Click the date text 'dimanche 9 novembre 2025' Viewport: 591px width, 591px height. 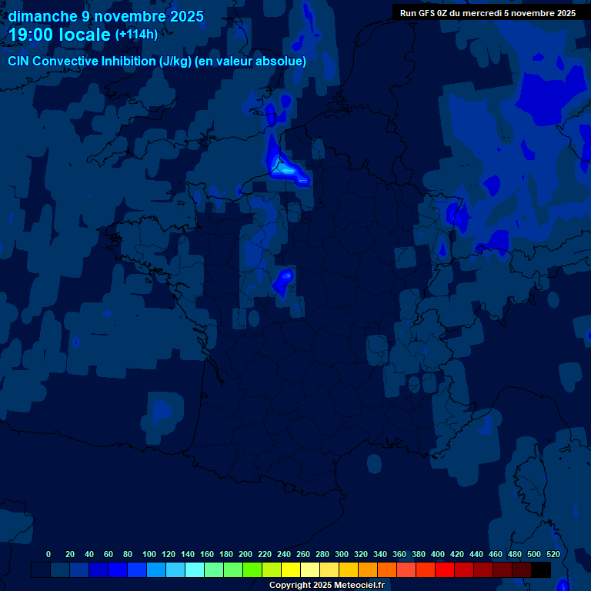click(105, 16)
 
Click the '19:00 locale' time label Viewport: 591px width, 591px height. click(59, 35)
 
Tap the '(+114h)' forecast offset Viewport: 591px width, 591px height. click(136, 35)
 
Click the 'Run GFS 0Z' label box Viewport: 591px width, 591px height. click(488, 13)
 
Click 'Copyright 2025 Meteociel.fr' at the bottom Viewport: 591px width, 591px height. click(326, 586)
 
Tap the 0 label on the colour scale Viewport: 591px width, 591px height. click(48, 554)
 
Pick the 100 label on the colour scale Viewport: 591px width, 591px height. click(149, 554)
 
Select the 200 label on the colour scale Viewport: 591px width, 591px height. click(245, 554)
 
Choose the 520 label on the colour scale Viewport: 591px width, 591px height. click(553, 554)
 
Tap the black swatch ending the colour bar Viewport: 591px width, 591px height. click(541, 570)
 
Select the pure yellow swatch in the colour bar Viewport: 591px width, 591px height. click(291, 570)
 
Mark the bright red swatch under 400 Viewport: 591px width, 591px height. click(445, 570)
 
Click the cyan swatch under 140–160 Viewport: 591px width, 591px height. click(195, 570)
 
